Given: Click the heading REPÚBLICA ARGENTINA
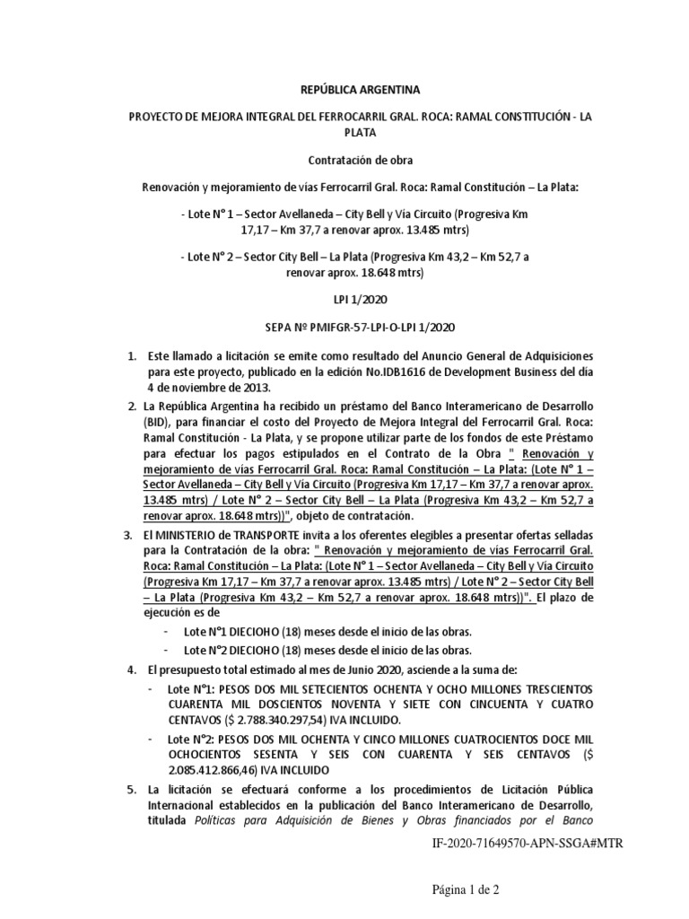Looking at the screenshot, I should click(x=344, y=91).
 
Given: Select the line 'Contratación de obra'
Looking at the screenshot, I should click(x=344, y=162).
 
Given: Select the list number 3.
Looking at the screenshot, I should click(x=127, y=535).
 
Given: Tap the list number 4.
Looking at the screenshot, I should click(x=132, y=670).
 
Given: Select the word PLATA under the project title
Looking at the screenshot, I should click(x=344, y=132).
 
